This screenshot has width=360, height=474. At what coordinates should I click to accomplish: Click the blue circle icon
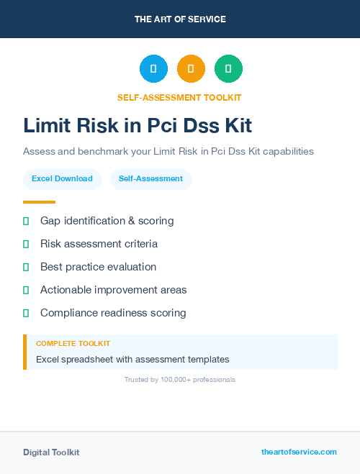tap(153, 69)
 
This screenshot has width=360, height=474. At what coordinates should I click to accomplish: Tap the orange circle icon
tap(191, 69)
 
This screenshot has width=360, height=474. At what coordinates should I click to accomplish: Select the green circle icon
tap(228, 69)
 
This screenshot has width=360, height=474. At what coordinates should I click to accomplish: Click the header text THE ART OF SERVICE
tap(180, 19)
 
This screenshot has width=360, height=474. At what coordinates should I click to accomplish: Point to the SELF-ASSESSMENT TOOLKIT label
tap(179, 97)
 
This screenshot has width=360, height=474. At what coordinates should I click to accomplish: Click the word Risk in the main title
tap(102, 126)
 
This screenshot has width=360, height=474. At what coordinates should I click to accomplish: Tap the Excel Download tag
tap(62, 178)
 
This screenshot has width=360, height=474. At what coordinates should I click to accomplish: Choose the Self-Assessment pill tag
tap(150, 178)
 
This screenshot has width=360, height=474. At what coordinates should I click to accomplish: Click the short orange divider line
tap(39, 202)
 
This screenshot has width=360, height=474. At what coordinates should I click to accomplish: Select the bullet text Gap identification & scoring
tap(107, 221)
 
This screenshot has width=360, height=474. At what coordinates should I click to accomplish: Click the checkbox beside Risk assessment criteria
tap(26, 244)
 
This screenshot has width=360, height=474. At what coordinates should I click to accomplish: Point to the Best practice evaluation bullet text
tap(98, 267)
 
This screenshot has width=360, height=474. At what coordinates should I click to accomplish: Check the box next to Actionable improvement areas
tap(26, 290)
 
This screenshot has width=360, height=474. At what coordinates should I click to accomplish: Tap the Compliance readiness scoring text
tap(113, 313)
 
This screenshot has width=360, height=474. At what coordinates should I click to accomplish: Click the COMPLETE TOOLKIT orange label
tap(73, 344)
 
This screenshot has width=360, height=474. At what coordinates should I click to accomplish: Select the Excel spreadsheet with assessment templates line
tap(132, 359)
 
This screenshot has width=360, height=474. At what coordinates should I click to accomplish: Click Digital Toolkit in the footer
tap(51, 452)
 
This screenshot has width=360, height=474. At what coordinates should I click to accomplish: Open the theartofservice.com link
tap(299, 452)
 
